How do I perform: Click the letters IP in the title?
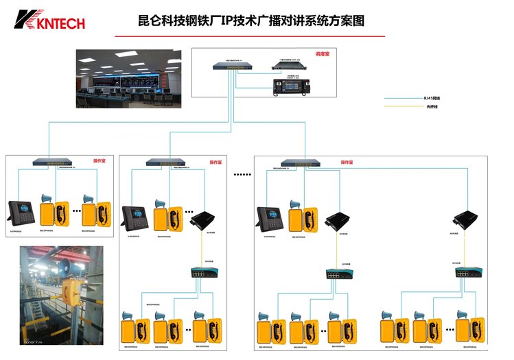click(246, 21)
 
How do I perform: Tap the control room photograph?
click(128, 78)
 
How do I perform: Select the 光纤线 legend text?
click(431, 107)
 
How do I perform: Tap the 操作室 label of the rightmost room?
click(347, 163)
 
